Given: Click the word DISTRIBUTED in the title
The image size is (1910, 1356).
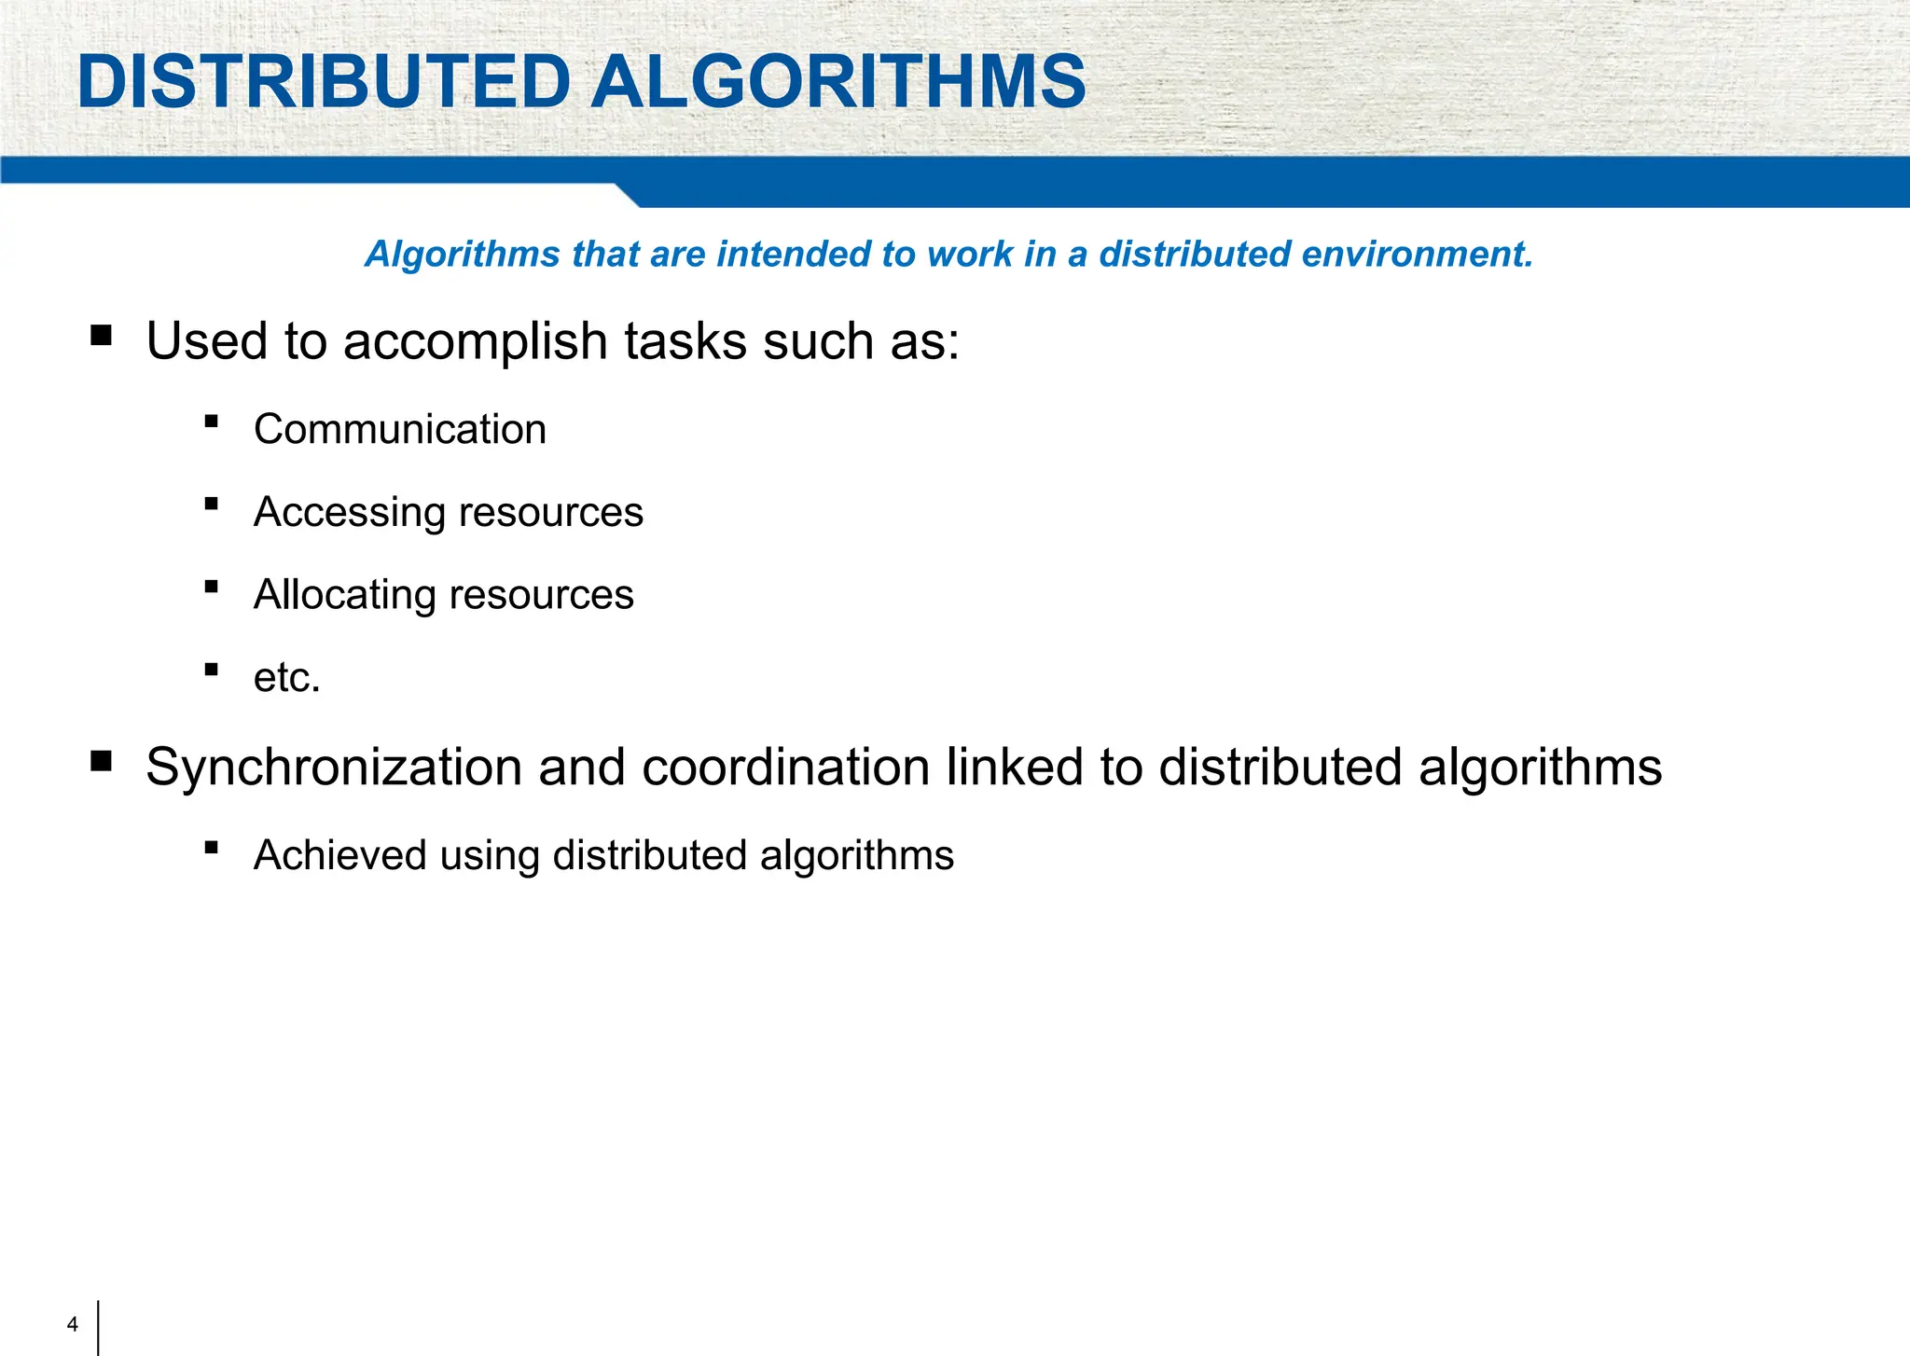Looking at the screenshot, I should tap(324, 82).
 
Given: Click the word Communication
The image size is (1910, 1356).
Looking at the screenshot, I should tap(400, 430).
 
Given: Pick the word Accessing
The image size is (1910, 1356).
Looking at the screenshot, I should tap(350, 513).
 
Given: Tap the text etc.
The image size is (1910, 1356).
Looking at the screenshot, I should tap(286, 678).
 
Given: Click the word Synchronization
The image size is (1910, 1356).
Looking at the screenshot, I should tap(334, 768).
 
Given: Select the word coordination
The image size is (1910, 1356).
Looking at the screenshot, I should tap(785, 768).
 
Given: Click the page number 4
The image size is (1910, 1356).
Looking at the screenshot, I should tap(73, 1324).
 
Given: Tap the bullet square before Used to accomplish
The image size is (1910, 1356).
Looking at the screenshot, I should tap(101, 335).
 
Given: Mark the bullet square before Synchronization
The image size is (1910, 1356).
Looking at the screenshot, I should tap(101, 762).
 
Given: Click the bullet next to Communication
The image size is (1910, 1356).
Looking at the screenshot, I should tap(212, 422).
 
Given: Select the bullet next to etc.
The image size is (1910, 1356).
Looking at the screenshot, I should tap(212, 670).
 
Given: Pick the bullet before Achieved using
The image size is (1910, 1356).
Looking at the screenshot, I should tap(212, 848).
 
